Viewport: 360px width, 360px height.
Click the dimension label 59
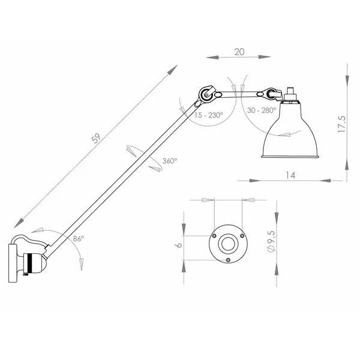96,139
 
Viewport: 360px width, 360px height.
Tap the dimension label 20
239,52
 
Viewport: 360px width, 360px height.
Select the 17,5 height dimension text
341,124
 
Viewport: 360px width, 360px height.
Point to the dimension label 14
290,175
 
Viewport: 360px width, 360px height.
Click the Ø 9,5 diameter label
271,242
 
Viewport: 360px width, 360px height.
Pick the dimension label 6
178,245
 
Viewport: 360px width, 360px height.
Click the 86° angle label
78,239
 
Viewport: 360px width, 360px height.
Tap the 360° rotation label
170,161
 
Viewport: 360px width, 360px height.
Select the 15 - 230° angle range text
208,115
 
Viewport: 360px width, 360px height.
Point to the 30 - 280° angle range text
261,110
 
